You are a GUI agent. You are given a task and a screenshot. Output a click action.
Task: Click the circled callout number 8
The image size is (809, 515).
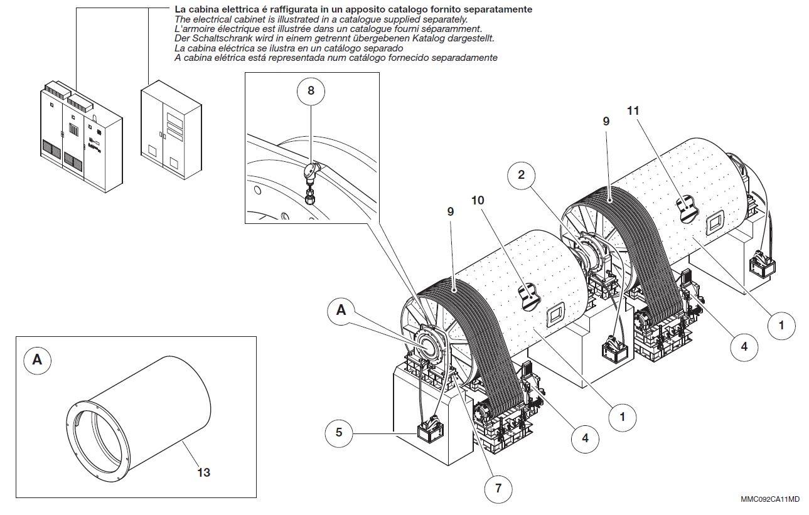tap(311, 90)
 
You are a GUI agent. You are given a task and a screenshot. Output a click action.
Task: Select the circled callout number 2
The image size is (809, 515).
tap(521, 175)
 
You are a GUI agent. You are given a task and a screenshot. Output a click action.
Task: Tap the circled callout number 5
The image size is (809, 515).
tap(339, 432)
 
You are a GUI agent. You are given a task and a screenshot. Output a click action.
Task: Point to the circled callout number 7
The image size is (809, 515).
tap(498, 487)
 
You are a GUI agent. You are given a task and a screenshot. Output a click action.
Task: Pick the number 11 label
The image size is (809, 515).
tap(633, 110)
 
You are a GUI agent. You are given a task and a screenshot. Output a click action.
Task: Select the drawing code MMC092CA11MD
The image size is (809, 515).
tap(769, 499)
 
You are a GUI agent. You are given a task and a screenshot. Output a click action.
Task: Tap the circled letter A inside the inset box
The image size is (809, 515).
tap(38, 359)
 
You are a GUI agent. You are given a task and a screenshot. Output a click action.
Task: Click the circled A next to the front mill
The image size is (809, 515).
tap(341, 309)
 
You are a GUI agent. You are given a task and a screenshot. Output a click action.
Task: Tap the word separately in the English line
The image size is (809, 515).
tap(442, 19)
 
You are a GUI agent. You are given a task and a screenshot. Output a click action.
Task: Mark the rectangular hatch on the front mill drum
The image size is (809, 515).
tap(555, 315)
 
